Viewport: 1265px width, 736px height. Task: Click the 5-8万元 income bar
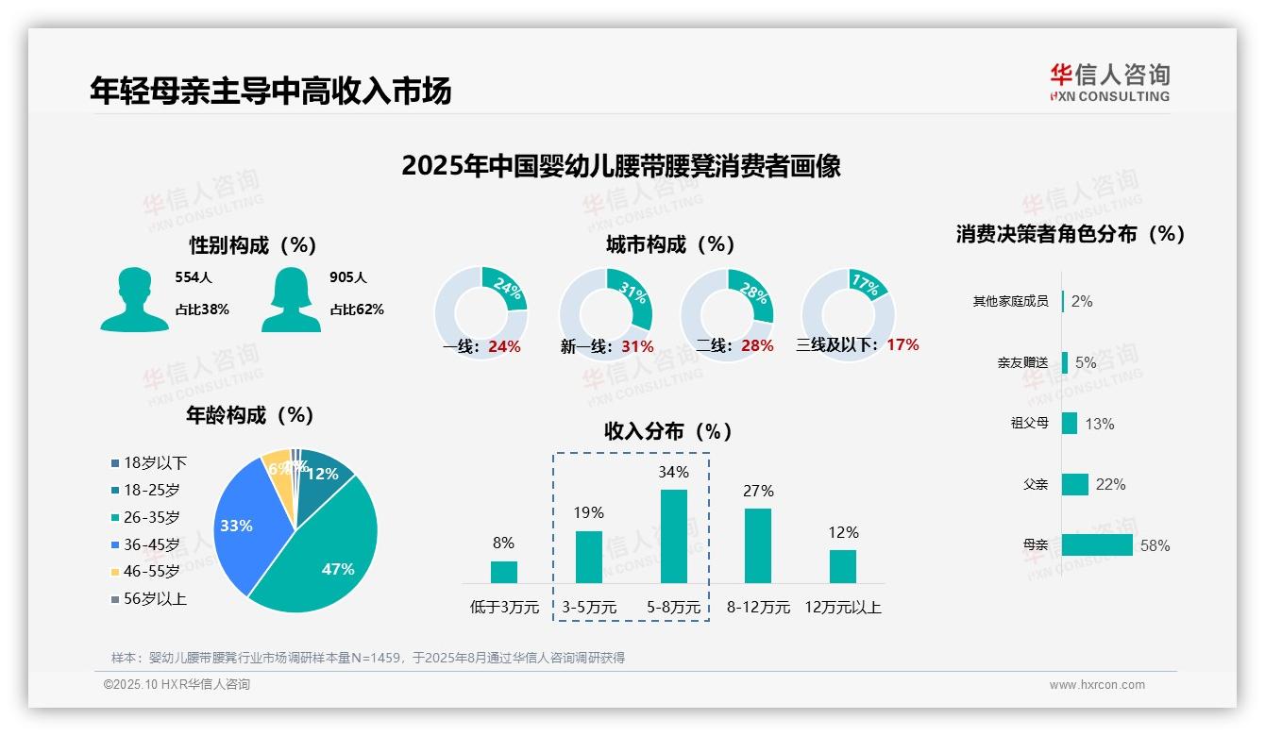[673, 536]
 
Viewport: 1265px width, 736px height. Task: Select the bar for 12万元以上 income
[842, 566]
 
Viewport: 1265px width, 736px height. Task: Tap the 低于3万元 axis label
[503, 608]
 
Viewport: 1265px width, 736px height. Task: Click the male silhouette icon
[134, 299]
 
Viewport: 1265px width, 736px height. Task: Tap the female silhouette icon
[291, 299]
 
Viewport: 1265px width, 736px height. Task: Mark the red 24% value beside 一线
[504, 346]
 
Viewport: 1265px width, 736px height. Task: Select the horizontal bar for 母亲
[1097, 545]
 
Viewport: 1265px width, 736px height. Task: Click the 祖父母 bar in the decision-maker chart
[1070, 424]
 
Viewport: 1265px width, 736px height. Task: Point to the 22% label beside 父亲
[1110, 485]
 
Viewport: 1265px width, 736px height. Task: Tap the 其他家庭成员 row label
[1010, 302]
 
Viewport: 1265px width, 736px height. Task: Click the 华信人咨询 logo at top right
[1109, 82]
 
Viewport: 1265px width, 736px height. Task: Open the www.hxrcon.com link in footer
[1096, 685]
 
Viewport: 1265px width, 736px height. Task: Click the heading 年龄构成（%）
[249, 415]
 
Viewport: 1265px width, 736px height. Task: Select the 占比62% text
[356, 309]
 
